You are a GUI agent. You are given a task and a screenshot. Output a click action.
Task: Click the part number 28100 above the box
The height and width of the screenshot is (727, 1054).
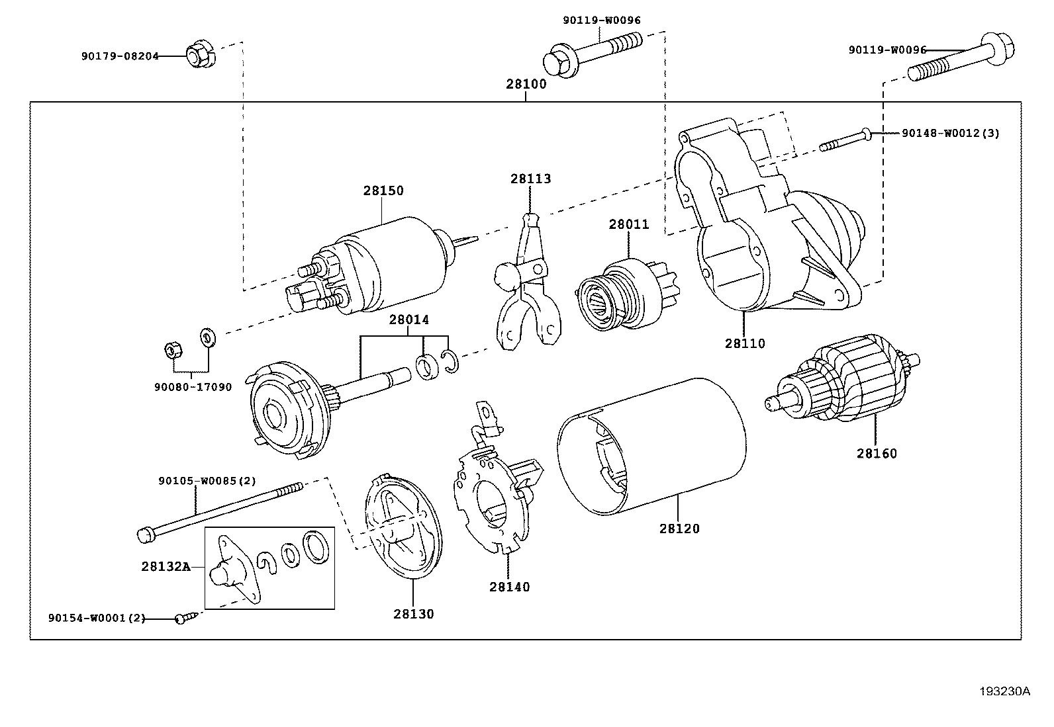526,85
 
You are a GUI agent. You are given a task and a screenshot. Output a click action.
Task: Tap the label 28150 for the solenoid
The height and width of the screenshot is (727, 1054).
383,191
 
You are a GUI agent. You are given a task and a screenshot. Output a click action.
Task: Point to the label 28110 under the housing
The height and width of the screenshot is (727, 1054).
744,343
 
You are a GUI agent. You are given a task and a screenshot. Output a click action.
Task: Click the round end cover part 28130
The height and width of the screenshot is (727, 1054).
403,529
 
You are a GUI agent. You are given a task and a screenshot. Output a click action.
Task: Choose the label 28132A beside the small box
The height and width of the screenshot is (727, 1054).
166,566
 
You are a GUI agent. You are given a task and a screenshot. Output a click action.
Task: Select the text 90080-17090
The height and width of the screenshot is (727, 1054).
193,387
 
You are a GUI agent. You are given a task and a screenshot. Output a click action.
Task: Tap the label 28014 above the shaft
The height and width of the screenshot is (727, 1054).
408,320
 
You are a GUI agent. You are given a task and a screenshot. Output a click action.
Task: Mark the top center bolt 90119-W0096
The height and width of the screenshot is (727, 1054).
593,53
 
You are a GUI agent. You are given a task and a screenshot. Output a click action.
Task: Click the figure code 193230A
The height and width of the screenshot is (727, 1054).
1005,691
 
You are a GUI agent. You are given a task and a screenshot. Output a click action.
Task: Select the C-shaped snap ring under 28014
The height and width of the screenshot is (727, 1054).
450,362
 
